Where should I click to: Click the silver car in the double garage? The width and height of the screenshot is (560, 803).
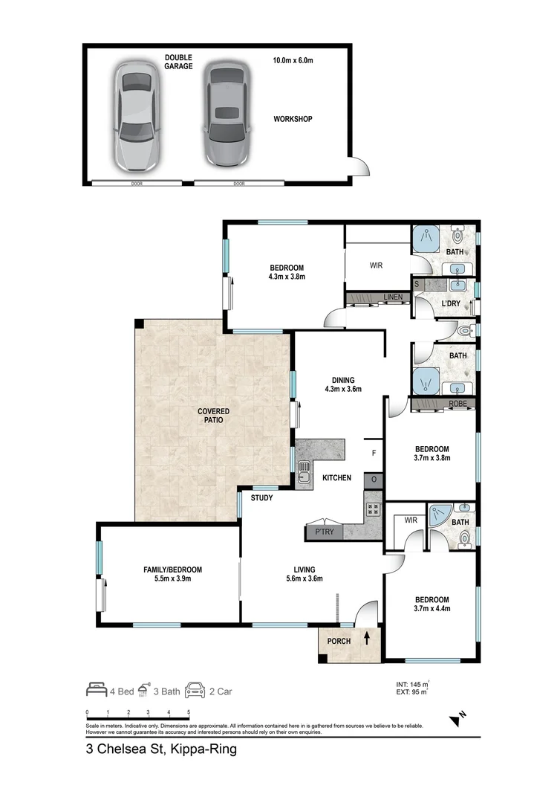(x=137, y=115)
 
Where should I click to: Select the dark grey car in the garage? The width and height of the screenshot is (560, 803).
(x=223, y=115)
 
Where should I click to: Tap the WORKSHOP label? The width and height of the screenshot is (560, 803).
(x=293, y=119)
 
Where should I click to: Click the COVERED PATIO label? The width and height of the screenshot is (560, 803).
(x=213, y=416)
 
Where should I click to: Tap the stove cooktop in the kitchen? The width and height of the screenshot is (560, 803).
(x=373, y=509)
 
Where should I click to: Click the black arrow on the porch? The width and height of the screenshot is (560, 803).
(x=366, y=637)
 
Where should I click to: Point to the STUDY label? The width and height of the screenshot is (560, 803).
(x=261, y=498)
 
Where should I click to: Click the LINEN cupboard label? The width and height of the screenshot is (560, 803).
(x=393, y=298)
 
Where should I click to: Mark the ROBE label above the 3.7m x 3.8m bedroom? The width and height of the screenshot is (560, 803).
(x=458, y=404)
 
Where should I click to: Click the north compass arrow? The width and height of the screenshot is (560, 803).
(x=455, y=719)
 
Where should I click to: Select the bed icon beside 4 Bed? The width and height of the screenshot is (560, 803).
(x=97, y=690)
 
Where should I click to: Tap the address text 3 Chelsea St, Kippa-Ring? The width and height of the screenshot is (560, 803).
(x=161, y=749)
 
